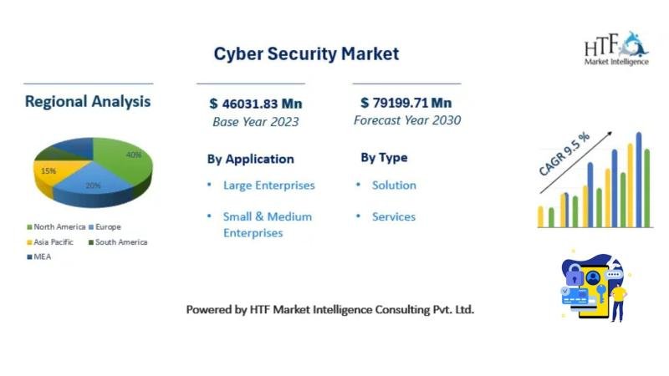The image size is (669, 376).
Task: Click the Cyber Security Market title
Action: [306, 54]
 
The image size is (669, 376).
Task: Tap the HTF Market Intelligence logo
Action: [616, 48]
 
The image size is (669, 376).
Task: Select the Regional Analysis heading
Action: [88, 102]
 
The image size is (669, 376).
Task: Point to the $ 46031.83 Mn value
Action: [256, 104]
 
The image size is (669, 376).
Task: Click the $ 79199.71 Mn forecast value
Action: [406, 103]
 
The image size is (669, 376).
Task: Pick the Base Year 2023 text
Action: [256, 122]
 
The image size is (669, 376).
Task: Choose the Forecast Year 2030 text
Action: [407, 120]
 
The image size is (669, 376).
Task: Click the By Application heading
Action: [250, 160]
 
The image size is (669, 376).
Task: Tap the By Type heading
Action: [384, 158]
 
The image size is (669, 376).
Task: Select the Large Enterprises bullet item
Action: [268, 185]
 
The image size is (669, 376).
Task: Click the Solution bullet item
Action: [394, 185]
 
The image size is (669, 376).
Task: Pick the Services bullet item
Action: [393, 217]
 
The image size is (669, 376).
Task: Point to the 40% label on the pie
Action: [134, 155]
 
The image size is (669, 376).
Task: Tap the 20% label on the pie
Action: [93, 185]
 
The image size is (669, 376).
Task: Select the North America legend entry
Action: [56, 227]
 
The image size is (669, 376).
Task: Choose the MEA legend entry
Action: [38, 257]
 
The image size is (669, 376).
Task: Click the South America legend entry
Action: [118, 242]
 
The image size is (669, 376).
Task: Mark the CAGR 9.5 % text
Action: [564, 154]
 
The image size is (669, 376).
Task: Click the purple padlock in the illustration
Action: [575, 276]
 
